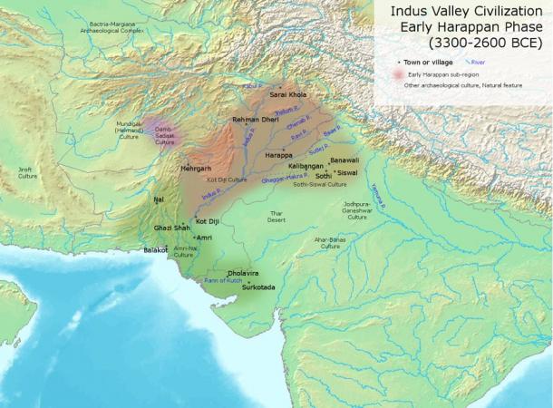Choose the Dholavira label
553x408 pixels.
(243, 272)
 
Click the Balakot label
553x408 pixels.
(157, 249)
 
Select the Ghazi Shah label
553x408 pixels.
(171, 228)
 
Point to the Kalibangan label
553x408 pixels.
(306, 167)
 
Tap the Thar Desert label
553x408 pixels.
(276, 218)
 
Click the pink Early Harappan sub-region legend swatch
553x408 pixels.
(398, 74)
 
